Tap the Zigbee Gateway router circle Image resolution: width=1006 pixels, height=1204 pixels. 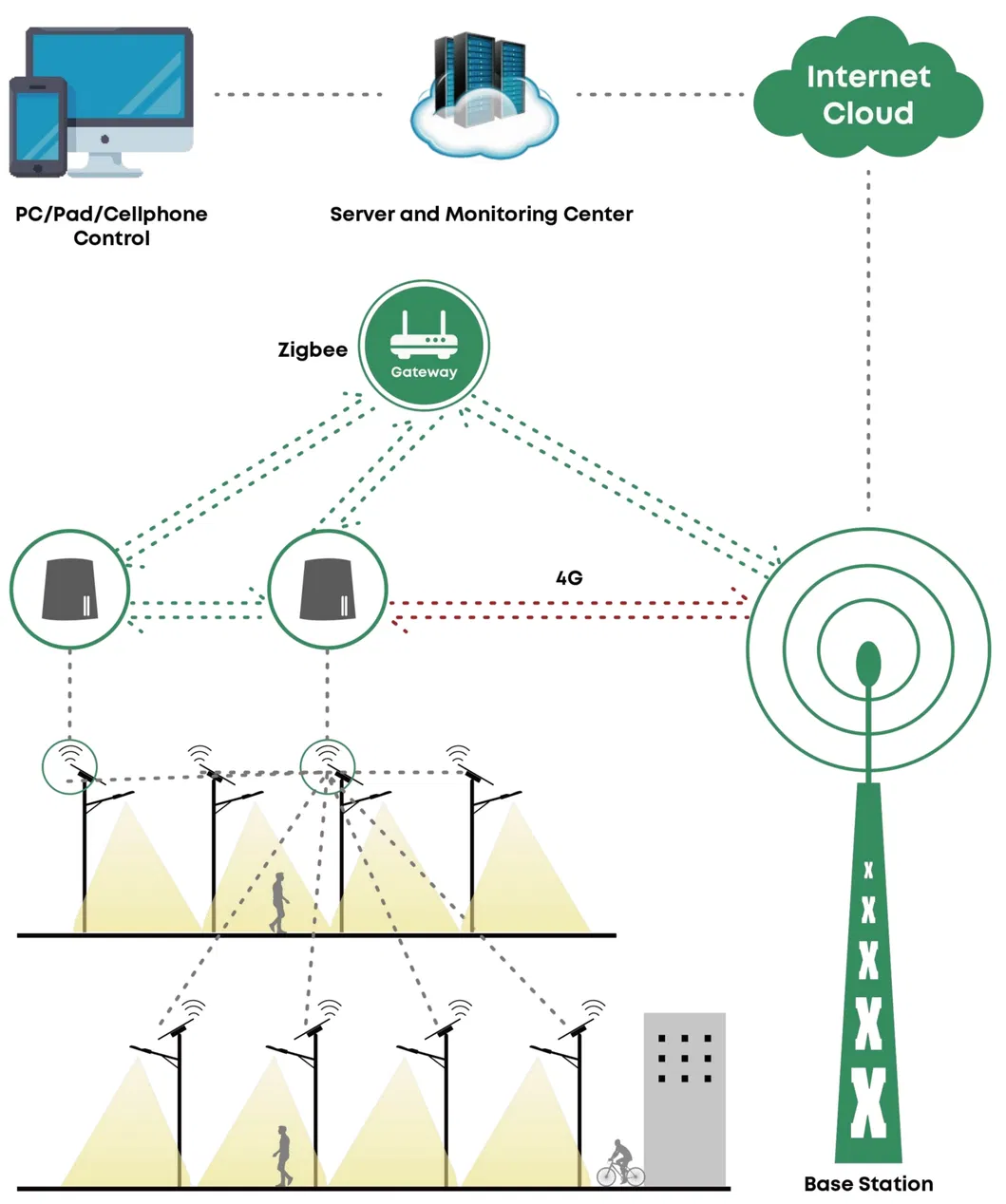[424, 345]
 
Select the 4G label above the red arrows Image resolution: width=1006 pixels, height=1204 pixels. [568, 577]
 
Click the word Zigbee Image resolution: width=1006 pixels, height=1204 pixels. [313, 349]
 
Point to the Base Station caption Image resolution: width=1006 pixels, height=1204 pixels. [867, 1184]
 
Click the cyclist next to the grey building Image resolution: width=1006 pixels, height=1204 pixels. [620, 1164]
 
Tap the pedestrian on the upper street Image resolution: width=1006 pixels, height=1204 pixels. [279, 903]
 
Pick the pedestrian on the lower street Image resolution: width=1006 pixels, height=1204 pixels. [283, 1155]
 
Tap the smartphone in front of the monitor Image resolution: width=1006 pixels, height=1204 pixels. [38, 127]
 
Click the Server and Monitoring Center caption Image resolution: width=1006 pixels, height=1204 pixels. [481, 215]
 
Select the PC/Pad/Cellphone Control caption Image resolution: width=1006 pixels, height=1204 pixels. [112, 226]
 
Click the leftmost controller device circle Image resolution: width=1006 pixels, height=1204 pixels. [69, 590]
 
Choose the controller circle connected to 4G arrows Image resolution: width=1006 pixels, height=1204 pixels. [328, 590]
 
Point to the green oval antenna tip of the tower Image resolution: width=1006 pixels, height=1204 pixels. [867, 663]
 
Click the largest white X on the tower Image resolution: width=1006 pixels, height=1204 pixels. [868, 1103]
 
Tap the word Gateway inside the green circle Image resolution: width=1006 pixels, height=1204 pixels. [424, 372]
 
